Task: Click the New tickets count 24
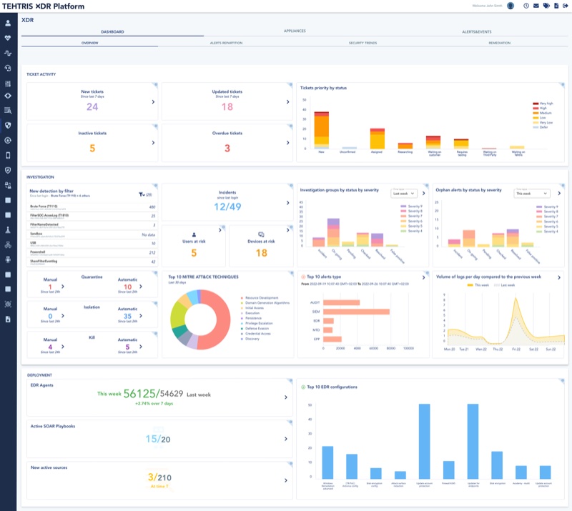point(92,107)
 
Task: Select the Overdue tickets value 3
point(227,149)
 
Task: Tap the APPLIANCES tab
point(295,31)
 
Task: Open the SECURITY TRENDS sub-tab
point(363,43)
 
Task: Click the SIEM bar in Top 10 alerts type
point(356,312)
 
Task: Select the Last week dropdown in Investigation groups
point(403,193)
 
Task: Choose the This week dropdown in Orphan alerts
point(533,193)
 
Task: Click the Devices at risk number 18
point(261,253)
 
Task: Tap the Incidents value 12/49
point(227,207)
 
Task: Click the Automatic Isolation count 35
point(127,316)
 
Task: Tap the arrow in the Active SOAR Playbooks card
point(285,439)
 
